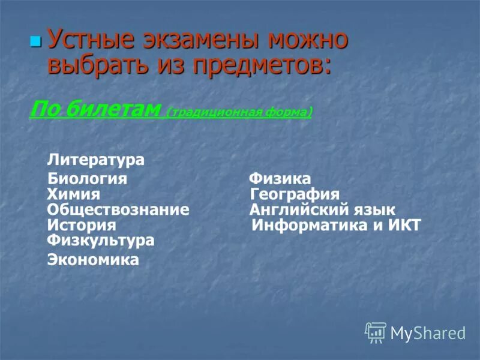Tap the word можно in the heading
(308, 40)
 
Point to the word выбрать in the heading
(96, 64)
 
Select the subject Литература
(96, 160)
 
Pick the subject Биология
(87, 179)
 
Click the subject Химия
(73, 194)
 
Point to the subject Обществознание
(118, 210)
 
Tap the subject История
(81, 226)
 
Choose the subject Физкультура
(100, 241)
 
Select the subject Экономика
(93, 260)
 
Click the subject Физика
(280, 179)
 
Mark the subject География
(295, 194)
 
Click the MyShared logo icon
(376, 332)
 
